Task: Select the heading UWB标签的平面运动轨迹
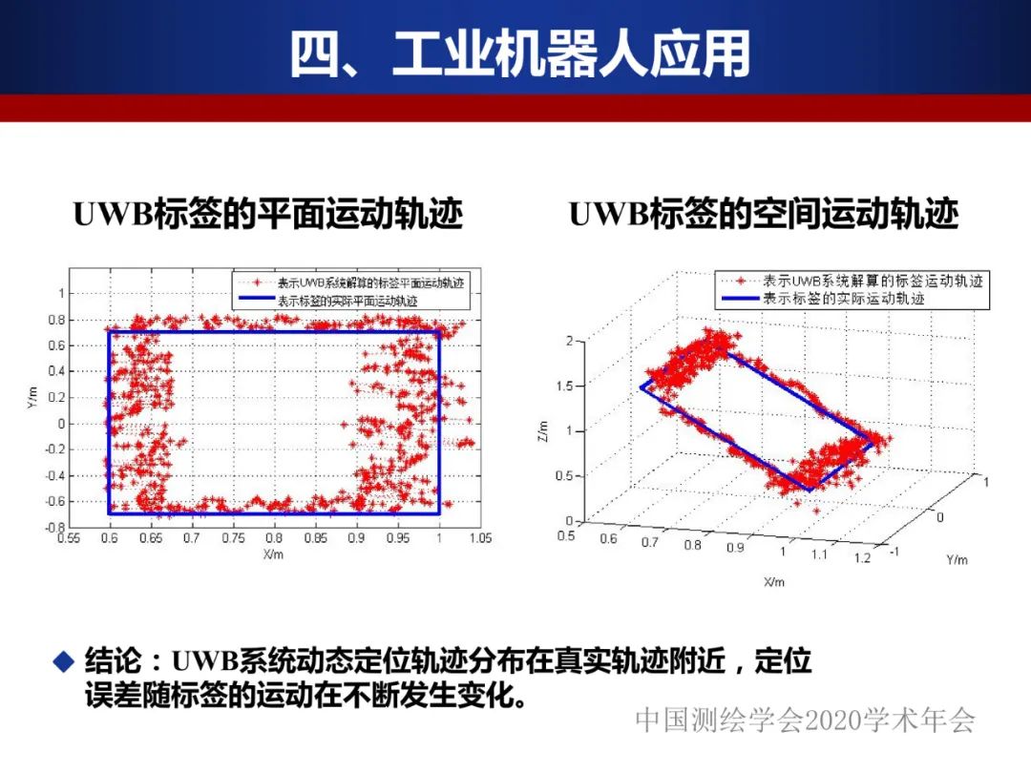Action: click(268, 215)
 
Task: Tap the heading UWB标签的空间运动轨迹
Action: click(764, 215)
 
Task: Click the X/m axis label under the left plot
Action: click(273, 554)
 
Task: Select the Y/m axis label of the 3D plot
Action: click(957, 559)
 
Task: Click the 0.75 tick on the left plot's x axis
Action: click(232, 538)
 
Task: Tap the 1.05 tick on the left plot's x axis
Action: click(480, 538)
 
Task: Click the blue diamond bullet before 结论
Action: click(63, 659)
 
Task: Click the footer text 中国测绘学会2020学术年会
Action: click(805, 721)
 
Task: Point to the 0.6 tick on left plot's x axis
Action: click(109, 538)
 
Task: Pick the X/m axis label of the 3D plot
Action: click(773, 581)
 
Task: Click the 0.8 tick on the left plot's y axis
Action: click(57, 320)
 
